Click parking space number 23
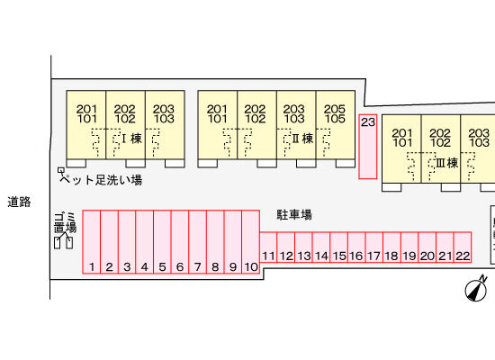[368, 147]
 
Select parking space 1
[92, 241]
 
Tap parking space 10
[251, 241]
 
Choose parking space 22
[463, 247]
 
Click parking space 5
[162, 241]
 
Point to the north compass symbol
[476, 288]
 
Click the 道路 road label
[19, 202]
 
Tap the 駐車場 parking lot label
[294, 215]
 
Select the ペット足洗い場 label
[101, 180]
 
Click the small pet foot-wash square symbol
[61, 170]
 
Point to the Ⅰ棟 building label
[132, 139]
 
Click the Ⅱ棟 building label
[302, 139]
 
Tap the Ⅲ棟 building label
[447, 163]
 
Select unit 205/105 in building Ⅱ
[336, 124]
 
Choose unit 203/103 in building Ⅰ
[165, 124]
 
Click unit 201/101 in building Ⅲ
[401, 148]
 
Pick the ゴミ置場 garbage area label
[66, 223]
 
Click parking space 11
[268, 247]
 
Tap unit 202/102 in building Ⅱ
[257, 124]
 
